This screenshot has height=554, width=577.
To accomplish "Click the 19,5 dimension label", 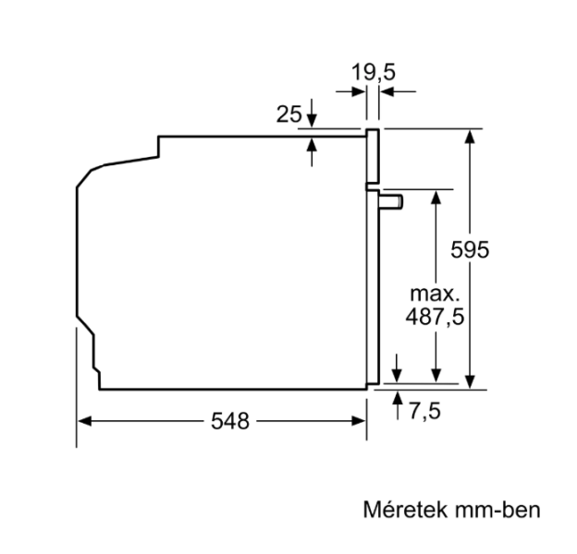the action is click(x=374, y=72).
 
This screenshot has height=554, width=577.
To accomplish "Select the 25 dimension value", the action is click(x=288, y=114).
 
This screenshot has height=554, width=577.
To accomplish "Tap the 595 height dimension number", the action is click(x=470, y=250).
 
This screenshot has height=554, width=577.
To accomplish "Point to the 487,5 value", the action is click(x=435, y=317).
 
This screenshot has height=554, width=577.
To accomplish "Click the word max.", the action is click(x=435, y=294).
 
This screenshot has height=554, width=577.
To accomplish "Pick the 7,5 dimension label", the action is click(x=424, y=411).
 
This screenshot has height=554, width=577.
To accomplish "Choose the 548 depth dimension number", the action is click(x=230, y=421).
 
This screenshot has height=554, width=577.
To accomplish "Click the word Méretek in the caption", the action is click(x=406, y=510).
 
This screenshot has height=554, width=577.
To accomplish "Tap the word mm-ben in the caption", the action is click(x=497, y=510).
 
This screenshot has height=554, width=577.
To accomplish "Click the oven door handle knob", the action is click(x=392, y=202).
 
